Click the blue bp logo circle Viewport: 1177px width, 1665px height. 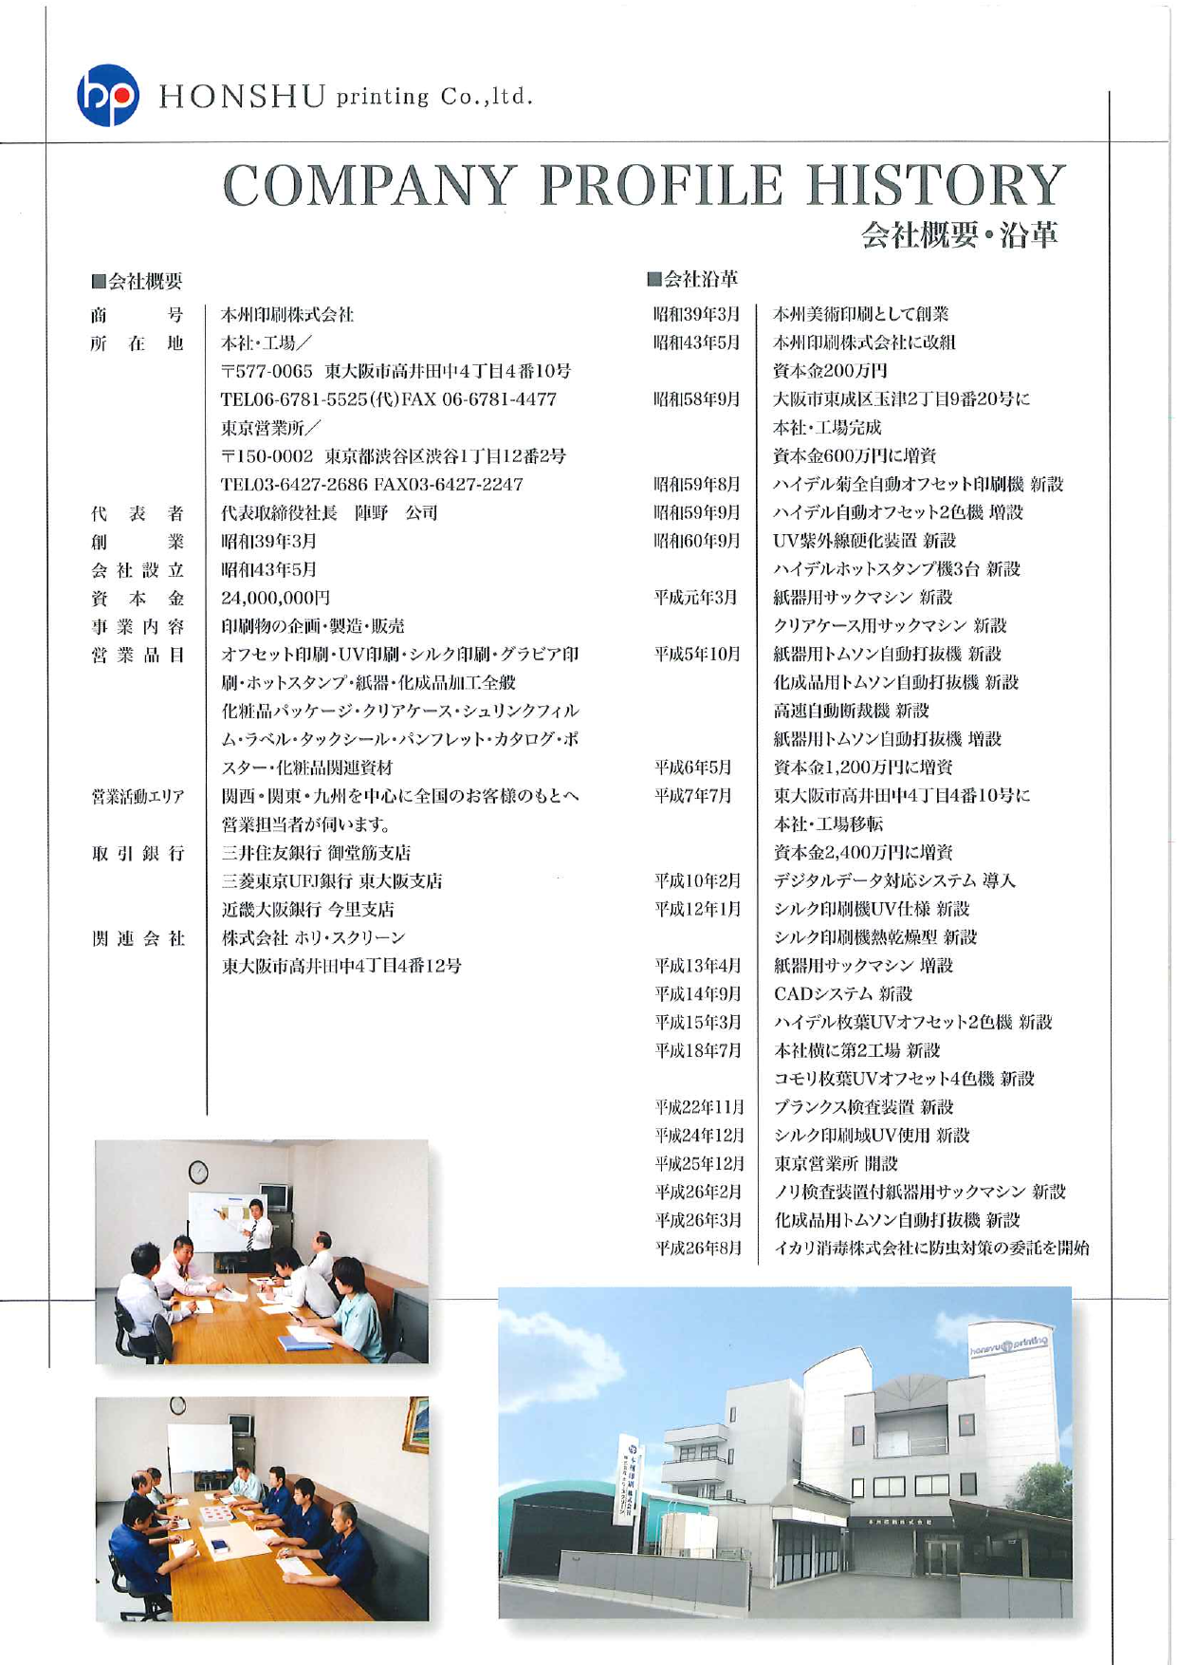point(107,95)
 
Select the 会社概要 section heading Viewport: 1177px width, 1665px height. point(137,281)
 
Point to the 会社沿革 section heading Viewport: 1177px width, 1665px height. point(692,279)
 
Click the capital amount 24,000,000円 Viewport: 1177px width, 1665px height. point(275,598)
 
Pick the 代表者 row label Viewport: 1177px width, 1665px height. point(137,513)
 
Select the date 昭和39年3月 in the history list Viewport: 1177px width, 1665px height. point(696,314)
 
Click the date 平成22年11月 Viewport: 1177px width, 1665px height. point(699,1107)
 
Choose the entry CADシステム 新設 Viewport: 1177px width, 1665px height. point(843,993)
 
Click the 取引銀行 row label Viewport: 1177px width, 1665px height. point(137,853)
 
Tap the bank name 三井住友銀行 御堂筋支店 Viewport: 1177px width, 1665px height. point(316,853)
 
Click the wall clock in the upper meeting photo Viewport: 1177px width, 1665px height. point(198,1172)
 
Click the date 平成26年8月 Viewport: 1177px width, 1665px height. point(698,1249)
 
